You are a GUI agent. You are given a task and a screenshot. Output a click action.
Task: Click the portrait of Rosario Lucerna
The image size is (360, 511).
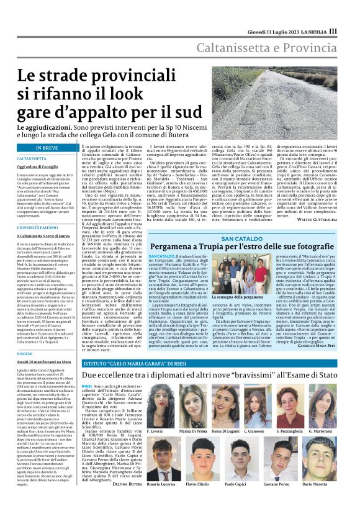160,459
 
